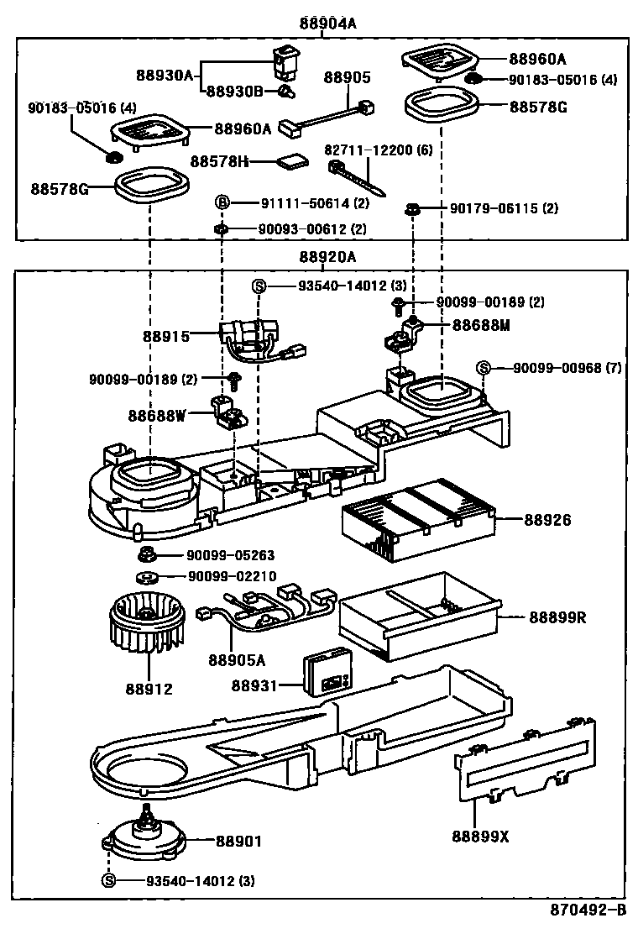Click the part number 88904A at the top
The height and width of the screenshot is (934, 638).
point(328,24)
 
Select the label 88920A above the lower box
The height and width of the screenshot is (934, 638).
point(327,257)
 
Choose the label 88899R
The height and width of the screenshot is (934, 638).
point(557,618)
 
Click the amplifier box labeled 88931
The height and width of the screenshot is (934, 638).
point(328,671)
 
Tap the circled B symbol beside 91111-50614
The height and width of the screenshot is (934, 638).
point(222,202)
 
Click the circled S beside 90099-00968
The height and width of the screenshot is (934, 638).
point(483,367)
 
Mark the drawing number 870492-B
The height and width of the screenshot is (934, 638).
point(588,910)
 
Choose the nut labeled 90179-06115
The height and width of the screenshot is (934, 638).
point(412,208)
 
